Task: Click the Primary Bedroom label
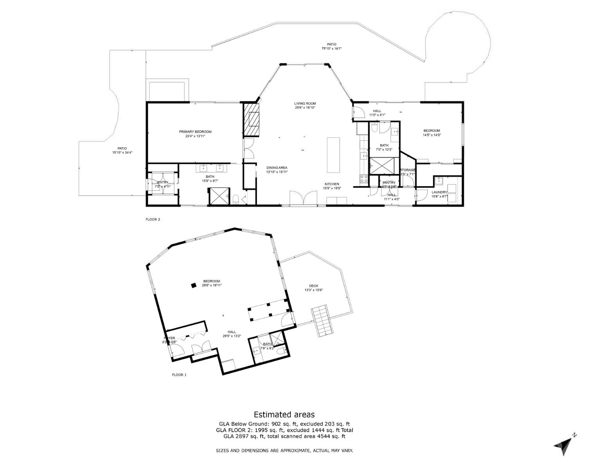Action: [195, 132]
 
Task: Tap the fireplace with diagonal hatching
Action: [252, 119]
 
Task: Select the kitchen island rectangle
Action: [334, 155]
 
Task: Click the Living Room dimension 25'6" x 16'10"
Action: [305, 108]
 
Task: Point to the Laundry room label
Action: [439, 192]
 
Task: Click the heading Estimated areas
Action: [284, 415]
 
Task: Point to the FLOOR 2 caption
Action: [153, 219]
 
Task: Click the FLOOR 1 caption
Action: [179, 375]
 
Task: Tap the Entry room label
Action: [163, 182]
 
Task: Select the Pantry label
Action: [389, 183]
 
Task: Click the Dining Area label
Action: [277, 167]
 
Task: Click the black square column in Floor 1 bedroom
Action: [193, 285]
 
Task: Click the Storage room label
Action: [408, 170]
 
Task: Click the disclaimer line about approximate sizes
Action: [284, 451]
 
